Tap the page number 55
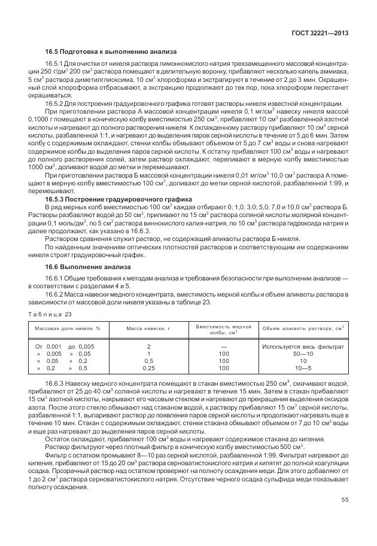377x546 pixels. (x=345, y=500)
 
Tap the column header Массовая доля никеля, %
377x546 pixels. (x=67, y=328)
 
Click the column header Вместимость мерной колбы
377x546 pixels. (x=223, y=328)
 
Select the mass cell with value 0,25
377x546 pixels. (x=148, y=368)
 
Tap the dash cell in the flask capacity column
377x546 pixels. (x=223, y=346)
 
